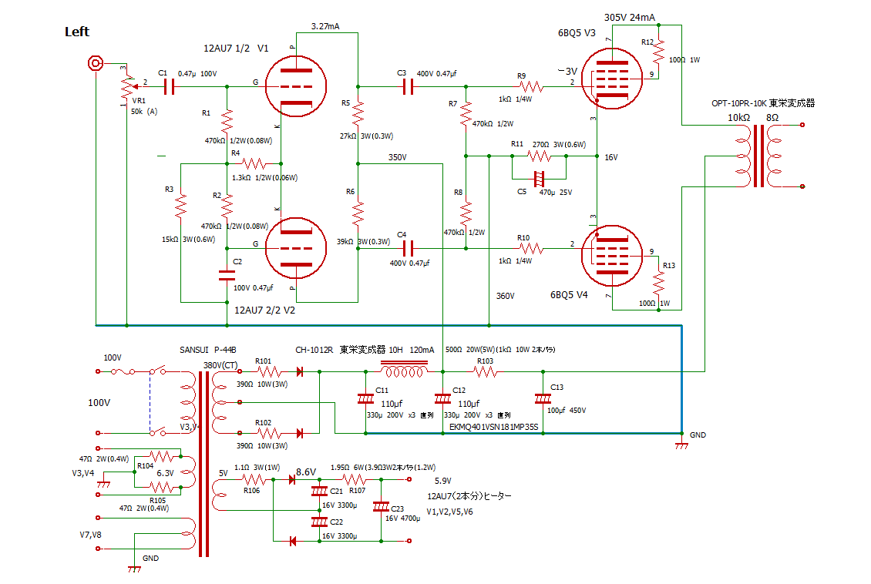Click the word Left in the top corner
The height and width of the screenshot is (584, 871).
77,32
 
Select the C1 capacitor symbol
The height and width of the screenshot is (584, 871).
169,86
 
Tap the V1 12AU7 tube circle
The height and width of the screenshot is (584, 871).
295,86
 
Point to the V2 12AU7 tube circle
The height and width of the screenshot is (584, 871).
295,248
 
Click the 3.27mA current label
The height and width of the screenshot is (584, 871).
325,26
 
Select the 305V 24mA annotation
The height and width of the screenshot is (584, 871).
631,16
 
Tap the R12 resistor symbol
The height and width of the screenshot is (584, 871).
659,53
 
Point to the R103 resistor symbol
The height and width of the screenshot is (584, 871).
485,372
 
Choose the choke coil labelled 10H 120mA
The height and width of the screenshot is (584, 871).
405,372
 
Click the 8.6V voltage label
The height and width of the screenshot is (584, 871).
306,472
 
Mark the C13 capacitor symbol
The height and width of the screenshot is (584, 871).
543,399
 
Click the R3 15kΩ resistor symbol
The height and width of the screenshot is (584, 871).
181,206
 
